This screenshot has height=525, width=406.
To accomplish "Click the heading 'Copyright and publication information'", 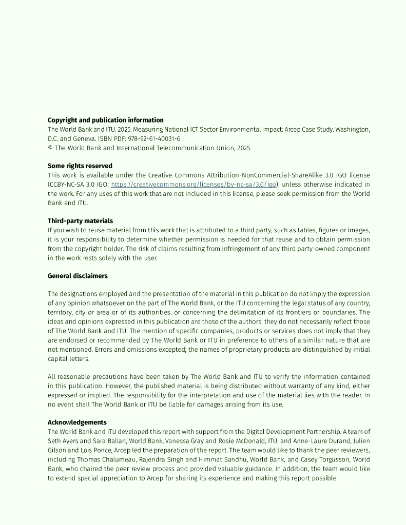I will click(x=106, y=120).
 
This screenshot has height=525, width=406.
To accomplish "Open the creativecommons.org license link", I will click(x=194, y=185).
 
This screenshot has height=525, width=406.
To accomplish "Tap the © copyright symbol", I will click(x=50, y=148).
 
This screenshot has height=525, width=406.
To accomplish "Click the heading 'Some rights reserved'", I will click(x=80, y=166).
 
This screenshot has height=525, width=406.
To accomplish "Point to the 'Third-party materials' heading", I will click(x=81, y=221).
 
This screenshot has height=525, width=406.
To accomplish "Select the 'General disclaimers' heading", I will click(x=78, y=276).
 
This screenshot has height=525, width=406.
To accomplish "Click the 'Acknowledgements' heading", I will click(x=77, y=422).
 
